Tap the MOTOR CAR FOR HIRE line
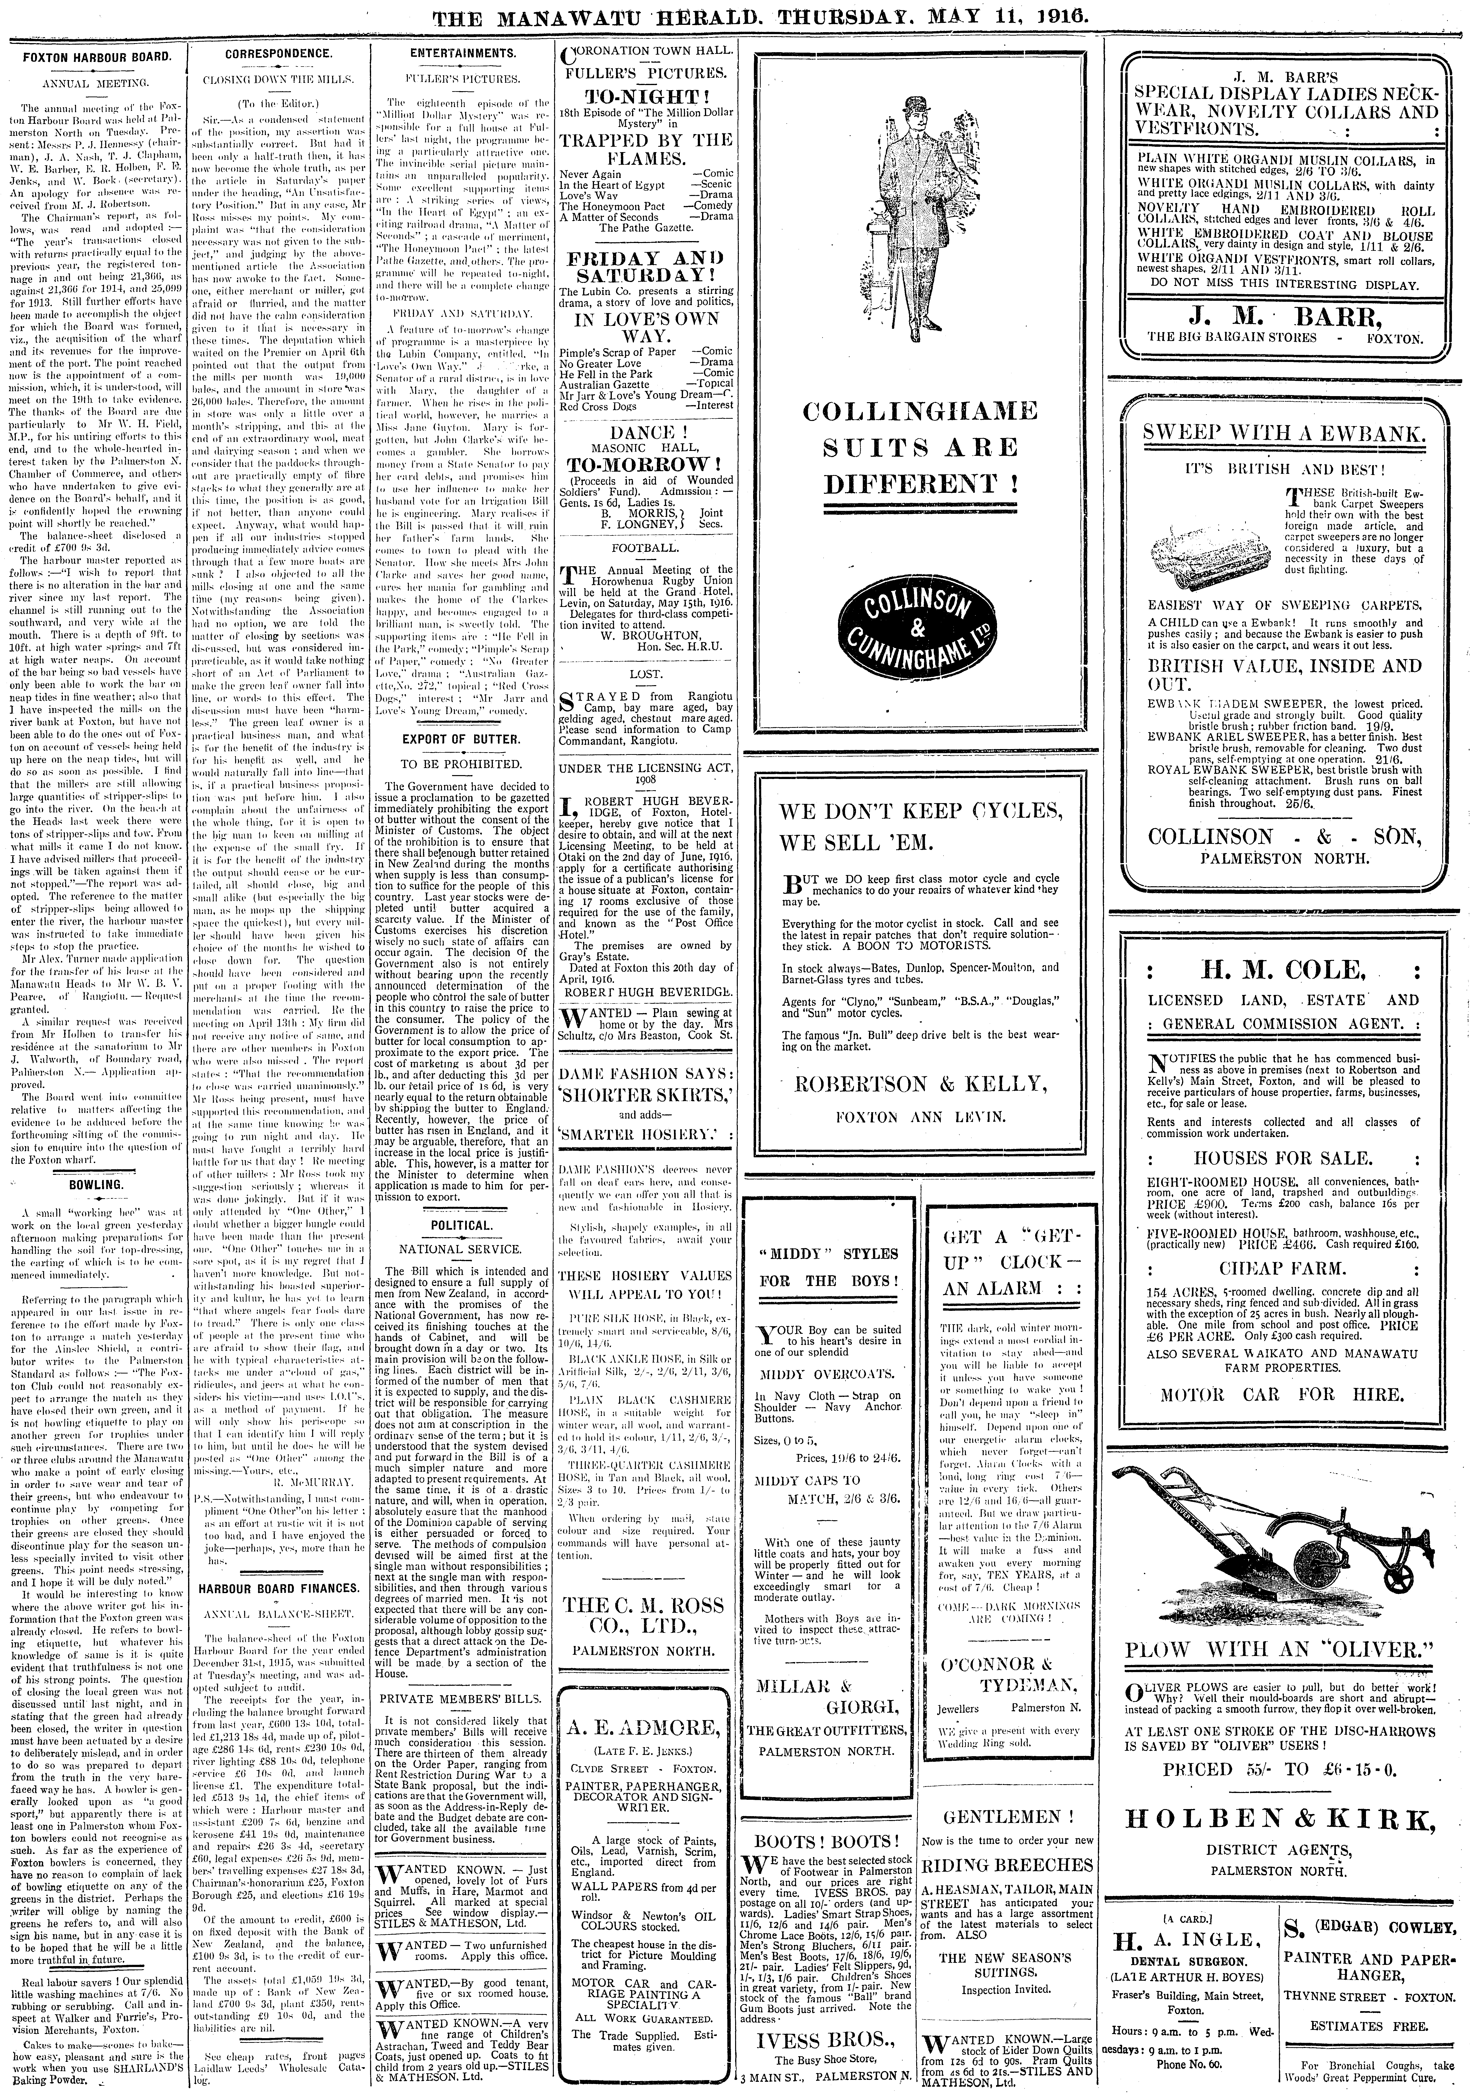pos(1281,1394)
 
